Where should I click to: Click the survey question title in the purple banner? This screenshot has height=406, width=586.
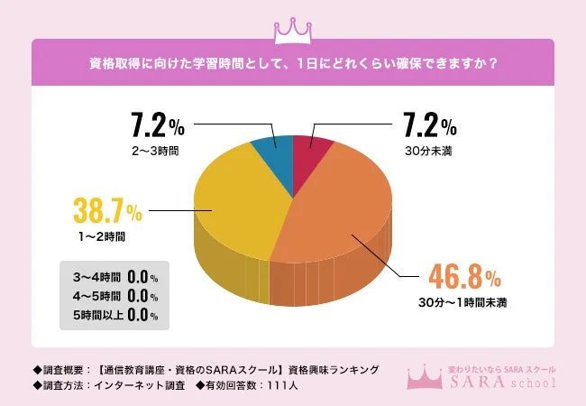tap(292, 64)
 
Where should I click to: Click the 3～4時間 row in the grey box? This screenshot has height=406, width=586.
tap(111, 277)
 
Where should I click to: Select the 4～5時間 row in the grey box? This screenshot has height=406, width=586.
tap(111, 296)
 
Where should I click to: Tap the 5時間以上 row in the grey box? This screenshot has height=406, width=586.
tap(111, 315)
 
